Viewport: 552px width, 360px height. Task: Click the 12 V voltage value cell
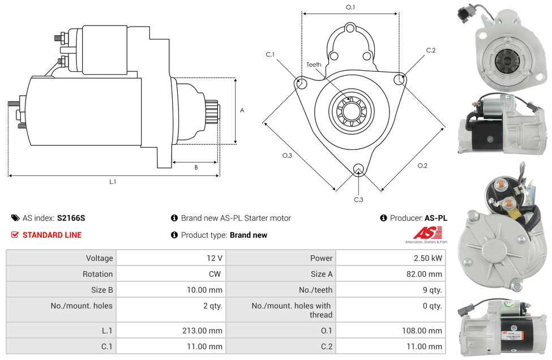pyautogui.click(x=214, y=258)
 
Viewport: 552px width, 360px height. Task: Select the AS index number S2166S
pyautogui.click(x=71, y=218)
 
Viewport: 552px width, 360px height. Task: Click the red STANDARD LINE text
pyautogui.click(x=52, y=235)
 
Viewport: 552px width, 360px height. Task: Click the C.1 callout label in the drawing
pyautogui.click(x=270, y=54)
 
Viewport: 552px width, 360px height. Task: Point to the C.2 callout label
pyautogui.click(x=431, y=50)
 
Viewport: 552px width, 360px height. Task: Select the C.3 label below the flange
pyautogui.click(x=358, y=199)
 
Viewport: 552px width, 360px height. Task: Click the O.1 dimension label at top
pyautogui.click(x=350, y=7)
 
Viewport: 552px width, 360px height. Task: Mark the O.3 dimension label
pyautogui.click(x=287, y=156)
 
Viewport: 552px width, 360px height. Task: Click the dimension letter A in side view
pyautogui.click(x=242, y=110)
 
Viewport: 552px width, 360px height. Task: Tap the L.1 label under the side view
pyautogui.click(x=113, y=182)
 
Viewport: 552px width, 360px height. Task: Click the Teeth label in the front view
pyautogui.click(x=314, y=65)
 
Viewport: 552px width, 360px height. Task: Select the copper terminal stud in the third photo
pyautogui.click(x=509, y=203)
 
